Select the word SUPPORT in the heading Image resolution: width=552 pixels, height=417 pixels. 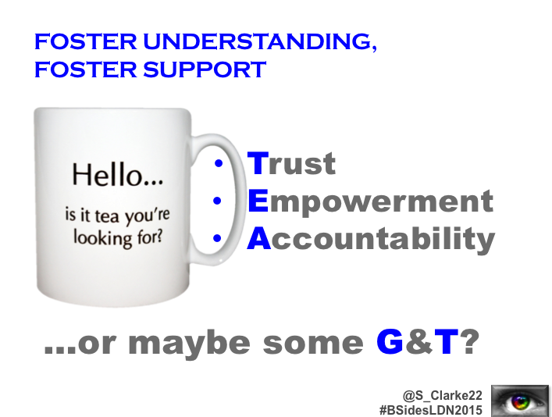(205, 69)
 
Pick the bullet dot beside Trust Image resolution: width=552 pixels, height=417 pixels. (219, 162)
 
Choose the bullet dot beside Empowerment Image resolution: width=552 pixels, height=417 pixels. (217, 201)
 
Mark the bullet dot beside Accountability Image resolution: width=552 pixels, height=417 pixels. (217, 238)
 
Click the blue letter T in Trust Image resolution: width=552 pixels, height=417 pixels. (258, 162)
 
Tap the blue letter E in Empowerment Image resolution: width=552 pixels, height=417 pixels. (258, 201)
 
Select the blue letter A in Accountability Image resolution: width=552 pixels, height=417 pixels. (258, 238)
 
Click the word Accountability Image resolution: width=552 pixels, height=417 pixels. (371, 241)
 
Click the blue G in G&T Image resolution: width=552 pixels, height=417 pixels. (390, 341)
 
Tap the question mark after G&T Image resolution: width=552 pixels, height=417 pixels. (469, 341)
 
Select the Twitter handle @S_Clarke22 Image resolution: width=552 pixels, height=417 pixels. (443, 395)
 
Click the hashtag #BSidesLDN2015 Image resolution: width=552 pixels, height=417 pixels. (431, 410)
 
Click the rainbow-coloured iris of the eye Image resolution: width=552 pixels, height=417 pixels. (520, 402)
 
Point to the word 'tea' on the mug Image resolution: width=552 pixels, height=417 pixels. (107, 216)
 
